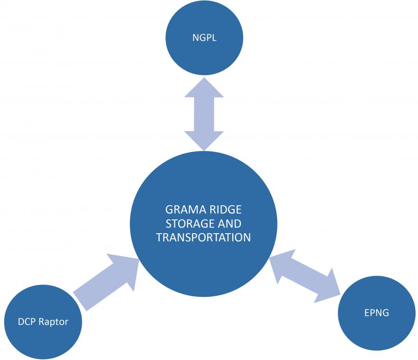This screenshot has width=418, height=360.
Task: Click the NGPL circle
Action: click(x=204, y=38)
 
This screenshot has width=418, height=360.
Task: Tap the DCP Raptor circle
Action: click(x=43, y=322)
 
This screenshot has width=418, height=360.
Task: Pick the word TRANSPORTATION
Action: click(x=203, y=237)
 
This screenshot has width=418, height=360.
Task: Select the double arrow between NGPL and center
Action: click(x=204, y=113)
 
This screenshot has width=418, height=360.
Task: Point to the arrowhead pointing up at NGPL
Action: click(x=204, y=88)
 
